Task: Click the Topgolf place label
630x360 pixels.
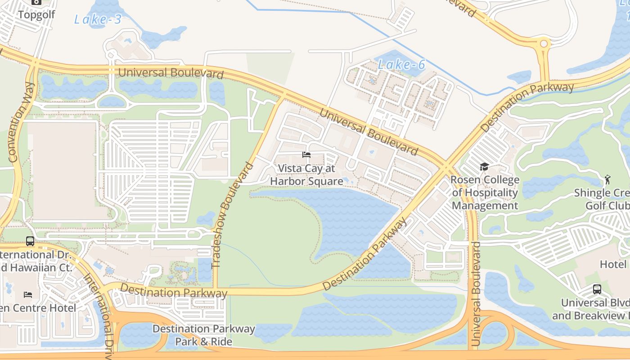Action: coord(36,14)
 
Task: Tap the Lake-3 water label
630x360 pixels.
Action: coord(98,19)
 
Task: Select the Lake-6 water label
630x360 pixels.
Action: coord(401,65)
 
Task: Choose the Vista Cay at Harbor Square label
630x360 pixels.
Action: coord(306,175)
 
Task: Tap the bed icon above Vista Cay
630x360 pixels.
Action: coord(306,155)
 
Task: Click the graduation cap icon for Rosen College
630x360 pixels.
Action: coord(484,167)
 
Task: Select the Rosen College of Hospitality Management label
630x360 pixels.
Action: coord(485,193)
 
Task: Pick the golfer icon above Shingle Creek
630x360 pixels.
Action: coord(607,180)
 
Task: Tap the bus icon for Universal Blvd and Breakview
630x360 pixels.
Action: coord(597,289)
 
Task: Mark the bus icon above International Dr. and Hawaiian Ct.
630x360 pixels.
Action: coord(30,241)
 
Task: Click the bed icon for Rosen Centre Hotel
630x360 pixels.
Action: coord(28,295)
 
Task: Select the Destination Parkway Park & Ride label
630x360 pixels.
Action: coord(203,335)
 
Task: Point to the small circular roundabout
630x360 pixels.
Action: coord(544,44)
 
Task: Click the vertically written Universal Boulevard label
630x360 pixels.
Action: coord(476,293)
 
